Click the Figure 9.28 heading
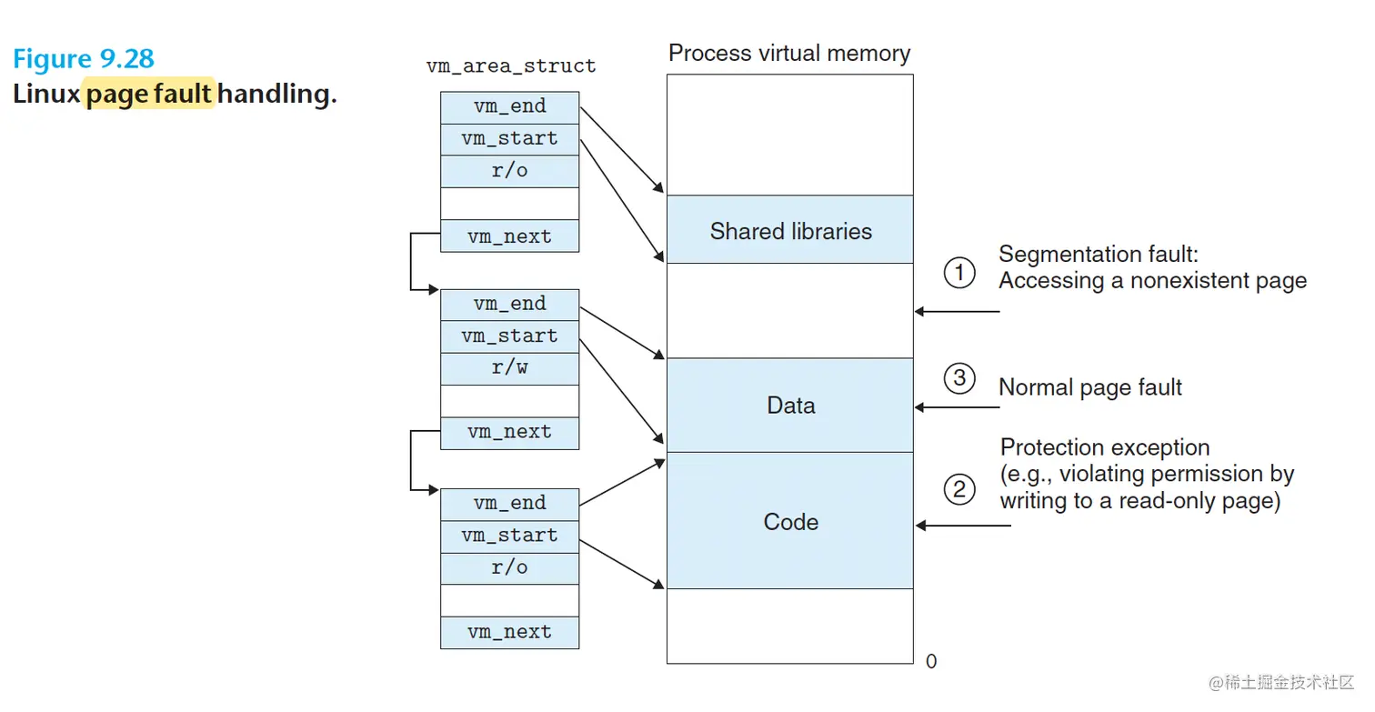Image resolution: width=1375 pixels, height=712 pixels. [84, 59]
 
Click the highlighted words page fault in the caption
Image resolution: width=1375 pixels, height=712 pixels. [149, 94]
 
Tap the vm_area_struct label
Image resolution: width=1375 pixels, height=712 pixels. [511, 66]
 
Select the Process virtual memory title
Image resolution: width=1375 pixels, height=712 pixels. [788, 53]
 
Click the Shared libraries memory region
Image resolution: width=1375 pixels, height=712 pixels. [790, 231]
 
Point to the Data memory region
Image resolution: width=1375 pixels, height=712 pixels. [790, 406]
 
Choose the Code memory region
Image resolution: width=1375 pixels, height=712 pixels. [790, 522]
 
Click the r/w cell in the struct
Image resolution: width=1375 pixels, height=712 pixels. [509, 368]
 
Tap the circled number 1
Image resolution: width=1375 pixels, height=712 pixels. [959, 273]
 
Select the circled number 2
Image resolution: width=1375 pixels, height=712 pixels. [959, 490]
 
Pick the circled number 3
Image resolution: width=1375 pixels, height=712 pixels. [959, 378]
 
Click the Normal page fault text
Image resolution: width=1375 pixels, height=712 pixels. [1089, 387]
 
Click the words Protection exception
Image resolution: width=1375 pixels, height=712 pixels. [1105, 447]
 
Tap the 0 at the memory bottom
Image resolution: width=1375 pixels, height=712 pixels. [930, 662]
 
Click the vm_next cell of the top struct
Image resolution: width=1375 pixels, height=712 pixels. [509, 236]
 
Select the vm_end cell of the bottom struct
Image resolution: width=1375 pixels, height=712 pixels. [509, 503]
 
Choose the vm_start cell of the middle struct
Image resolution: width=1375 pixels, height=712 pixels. [509, 336]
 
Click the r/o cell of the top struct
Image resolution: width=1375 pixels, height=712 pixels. [509, 171]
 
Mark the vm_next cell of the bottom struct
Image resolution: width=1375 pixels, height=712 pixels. [509, 632]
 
